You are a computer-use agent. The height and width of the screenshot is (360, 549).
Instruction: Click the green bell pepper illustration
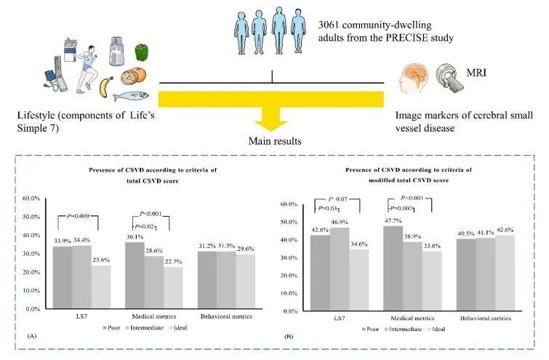pos(142,52)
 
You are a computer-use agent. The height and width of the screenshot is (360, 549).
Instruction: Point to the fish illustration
pos(141,95)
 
